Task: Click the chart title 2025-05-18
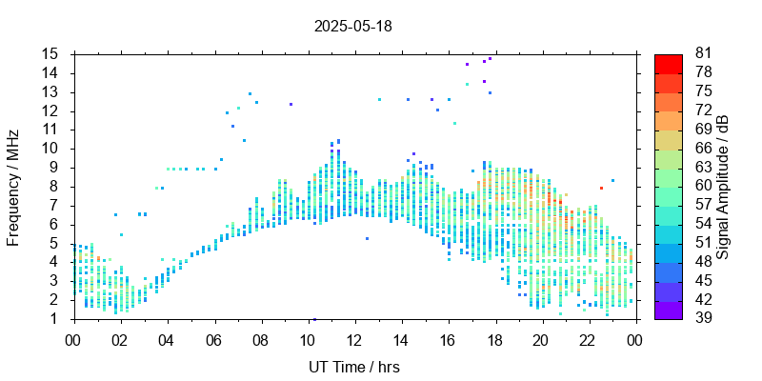[352, 26]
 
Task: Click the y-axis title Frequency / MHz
[13, 187]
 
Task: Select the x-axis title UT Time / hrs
[353, 367]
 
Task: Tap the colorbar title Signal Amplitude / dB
[724, 187]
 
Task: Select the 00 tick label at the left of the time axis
[73, 338]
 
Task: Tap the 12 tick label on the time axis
[354, 338]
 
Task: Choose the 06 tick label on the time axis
[213, 338]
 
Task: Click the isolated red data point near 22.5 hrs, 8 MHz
[601, 188]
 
